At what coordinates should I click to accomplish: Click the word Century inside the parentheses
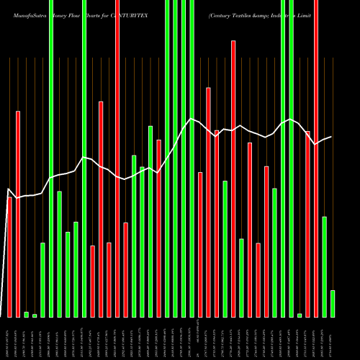coord(222,14)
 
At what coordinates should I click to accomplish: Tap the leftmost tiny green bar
coord(26,314)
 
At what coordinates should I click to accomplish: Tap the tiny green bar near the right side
coord(299,315)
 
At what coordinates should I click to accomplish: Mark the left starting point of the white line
coord(7,189)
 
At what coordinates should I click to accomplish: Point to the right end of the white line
coord(332,137)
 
